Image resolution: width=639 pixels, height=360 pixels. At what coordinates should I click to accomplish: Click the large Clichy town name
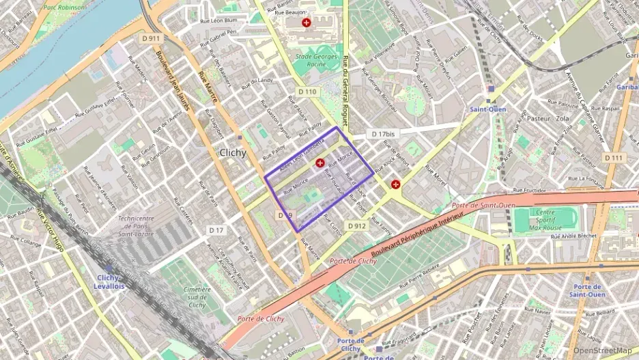[233, 153]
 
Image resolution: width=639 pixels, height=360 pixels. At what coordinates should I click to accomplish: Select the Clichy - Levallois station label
[109, 281]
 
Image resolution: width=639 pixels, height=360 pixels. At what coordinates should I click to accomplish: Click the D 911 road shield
[152, 39]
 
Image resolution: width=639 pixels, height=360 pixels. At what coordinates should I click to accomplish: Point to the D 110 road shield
[307, 91]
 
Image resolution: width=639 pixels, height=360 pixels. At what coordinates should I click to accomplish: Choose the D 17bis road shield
[382, 134]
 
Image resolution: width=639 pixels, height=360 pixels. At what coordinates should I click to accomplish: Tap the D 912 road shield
[356, 225]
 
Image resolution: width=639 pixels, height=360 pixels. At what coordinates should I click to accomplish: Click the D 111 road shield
[613, 158]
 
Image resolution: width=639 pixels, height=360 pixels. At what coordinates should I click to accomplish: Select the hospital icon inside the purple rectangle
[320, 163]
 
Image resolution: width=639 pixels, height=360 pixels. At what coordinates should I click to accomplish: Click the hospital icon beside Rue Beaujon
[307, 23]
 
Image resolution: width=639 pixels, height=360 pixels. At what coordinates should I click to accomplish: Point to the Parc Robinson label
[65, 7]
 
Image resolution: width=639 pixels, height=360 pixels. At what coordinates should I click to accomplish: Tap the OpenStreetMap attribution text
[603, 350]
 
